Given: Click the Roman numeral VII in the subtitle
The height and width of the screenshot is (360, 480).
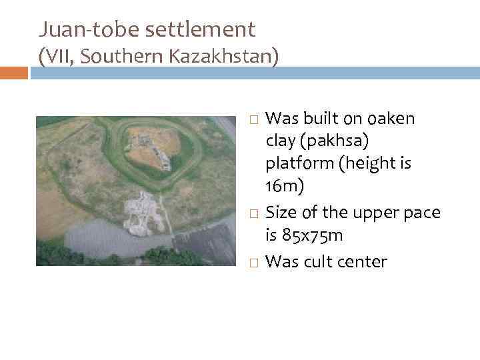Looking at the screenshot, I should (x=59, y=57).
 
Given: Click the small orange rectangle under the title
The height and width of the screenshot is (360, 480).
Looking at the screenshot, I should (x=14, y=72).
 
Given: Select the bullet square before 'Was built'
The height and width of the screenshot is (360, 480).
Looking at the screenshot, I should (x=253, y=119).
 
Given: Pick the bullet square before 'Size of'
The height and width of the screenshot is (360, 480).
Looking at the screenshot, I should (x=253, y=213).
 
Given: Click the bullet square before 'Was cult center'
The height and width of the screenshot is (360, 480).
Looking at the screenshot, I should (x=253, y=262).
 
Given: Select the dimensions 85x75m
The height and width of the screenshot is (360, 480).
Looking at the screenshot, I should (x=315, y=237).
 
